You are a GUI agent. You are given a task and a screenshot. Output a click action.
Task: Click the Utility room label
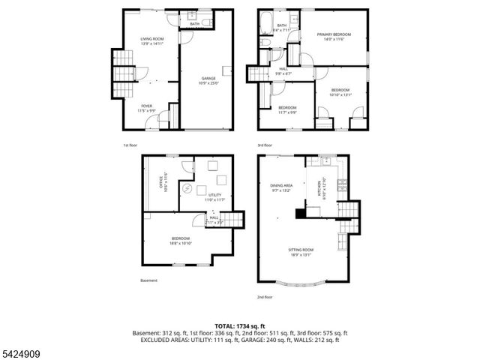(214, 197)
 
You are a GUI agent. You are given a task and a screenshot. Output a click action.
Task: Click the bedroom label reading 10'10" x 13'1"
(340, 93)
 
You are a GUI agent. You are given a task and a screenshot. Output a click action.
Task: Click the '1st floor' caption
(131, 145)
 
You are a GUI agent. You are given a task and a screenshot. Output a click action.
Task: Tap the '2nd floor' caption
(265, 298)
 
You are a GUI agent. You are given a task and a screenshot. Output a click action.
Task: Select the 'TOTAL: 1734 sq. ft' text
(239, 326)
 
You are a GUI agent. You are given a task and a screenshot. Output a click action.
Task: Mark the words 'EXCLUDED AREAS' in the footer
(165, 340)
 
